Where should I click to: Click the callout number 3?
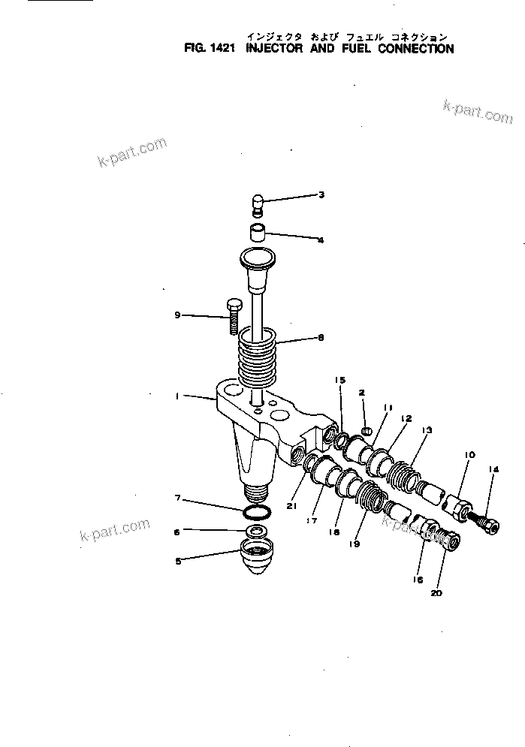pyautogui.click(x=321, y=195)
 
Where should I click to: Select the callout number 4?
pyautogui.click(x=321, y=240)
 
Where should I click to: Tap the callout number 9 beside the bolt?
pyautogui.click(x=177, y=315)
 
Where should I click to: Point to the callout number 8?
pyautogui.click(x=321, y=338)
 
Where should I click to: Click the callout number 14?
pyautogui.click(x=493, y=470)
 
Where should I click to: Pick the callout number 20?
pyautogui.click(x=436, y=592)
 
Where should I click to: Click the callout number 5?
pyautogui.click(x=177, y=560)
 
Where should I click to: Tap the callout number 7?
pyautogui.click(x=177, y=499)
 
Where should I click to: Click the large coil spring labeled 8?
pyautogui.click(x=258, y=357)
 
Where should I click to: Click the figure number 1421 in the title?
pyautogui.click(x=223, y=50)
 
